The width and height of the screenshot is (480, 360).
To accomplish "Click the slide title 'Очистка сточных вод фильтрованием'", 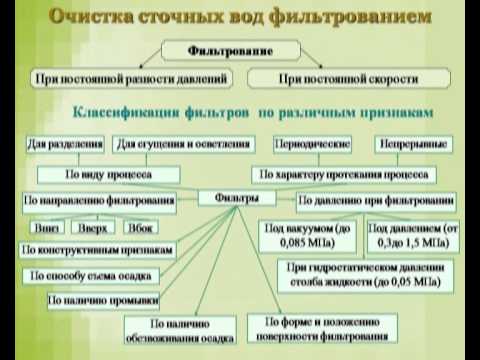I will pos(240,17).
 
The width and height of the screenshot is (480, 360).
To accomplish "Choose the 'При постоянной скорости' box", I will pos(345,77).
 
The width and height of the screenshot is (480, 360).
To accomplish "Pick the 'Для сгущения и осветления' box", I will pos(183,144).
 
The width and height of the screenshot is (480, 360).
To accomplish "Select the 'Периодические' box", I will pos(310,144).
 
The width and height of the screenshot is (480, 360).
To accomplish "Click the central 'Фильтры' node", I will pos(237,198).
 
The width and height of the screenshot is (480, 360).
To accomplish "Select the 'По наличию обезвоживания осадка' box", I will pos(179,331).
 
